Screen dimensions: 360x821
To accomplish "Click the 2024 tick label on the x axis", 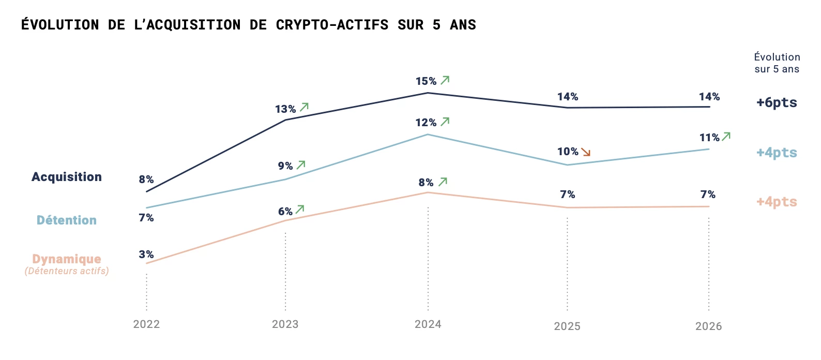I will click(x=428, y=324).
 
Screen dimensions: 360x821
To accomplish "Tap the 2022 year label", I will click(x=146, y=324).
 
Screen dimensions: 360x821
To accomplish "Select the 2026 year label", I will click(x=708, y=326).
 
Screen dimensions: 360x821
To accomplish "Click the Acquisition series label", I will click(x=67, y=177).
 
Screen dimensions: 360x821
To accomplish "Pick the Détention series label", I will click(x=67, y=220).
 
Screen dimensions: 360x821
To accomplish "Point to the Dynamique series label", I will click(x=67, y=259).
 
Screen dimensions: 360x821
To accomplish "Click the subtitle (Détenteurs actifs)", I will click(x=67, y=271).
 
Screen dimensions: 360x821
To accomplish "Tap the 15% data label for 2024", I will click(x=426, y=81).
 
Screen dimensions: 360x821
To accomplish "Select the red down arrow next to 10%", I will click(x=586, y=152).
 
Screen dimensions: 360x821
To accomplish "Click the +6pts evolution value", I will click(x=777, y=102).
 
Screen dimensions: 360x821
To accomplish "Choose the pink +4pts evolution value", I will click(x=777, y=202).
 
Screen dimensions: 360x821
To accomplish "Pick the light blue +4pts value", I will click(x=777, y=153).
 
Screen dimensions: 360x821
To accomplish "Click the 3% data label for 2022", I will click(x=146, y=254).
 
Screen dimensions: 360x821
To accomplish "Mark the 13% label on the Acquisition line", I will click(x=285, y=109).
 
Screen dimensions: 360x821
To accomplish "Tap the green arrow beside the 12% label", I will click(x=445, y=122).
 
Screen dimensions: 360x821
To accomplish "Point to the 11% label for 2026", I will click(x=709, y=138).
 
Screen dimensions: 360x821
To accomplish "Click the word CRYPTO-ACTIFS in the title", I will click(x=332, y=25).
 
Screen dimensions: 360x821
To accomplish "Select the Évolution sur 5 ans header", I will click(x=777, y=63).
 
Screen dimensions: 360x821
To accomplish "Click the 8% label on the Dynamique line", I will click(x=426, y=183).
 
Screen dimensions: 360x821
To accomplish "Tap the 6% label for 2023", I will click(x=285, y=212).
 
